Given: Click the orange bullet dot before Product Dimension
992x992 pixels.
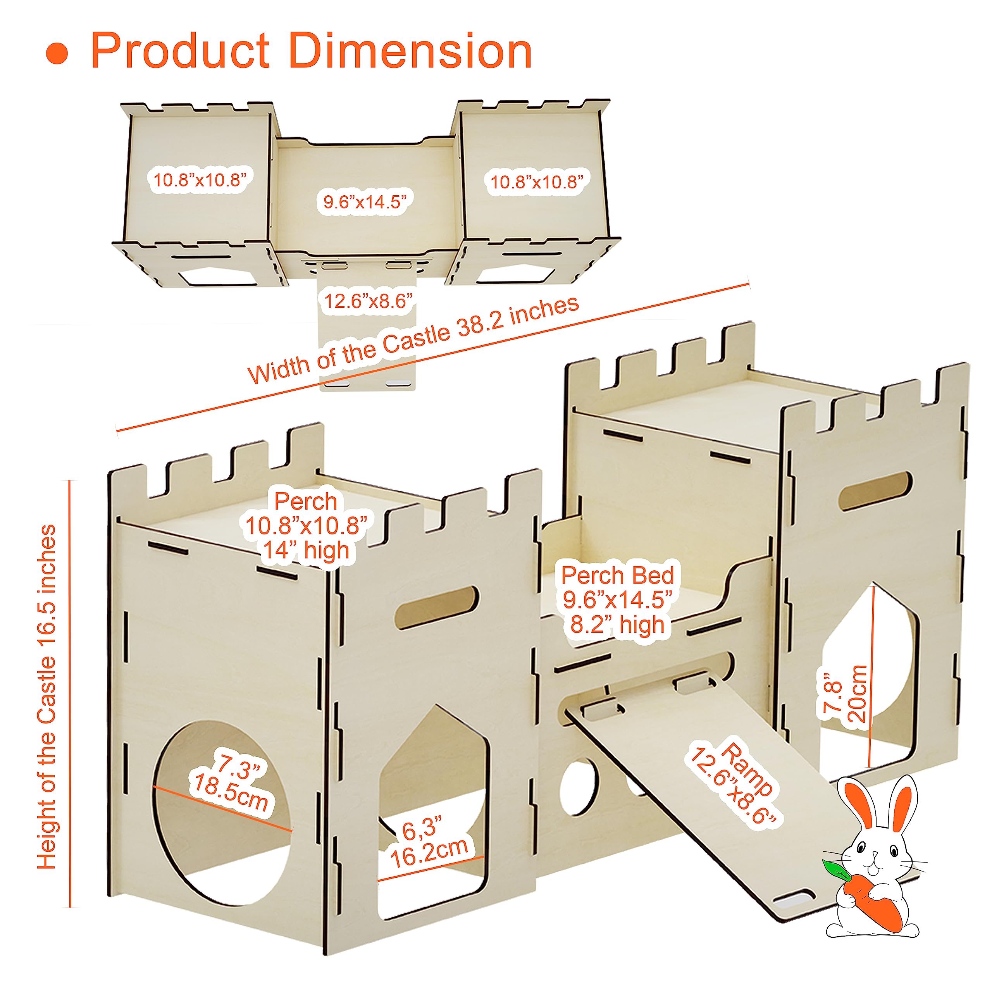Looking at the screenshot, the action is pos(57,54).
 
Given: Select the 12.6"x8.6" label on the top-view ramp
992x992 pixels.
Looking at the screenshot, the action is pos(368,300).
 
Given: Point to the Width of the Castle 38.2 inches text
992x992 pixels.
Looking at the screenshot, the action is pos(414,339).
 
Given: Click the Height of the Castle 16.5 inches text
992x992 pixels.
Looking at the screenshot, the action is pos(47,697).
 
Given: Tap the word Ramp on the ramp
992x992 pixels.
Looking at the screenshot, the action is pos(749,769).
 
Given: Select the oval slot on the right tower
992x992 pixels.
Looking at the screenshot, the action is pos(875,491).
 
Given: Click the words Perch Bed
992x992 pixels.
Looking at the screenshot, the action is pos(618,575).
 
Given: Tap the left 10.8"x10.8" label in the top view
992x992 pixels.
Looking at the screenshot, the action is pos(200,180).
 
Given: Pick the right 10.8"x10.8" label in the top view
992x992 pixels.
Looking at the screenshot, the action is pos(537,182).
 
